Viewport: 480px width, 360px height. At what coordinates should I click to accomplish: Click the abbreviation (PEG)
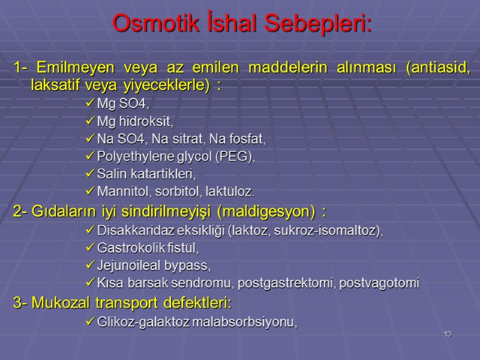(x=234, y=157)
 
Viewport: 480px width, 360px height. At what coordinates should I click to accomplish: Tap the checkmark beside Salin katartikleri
(x=91, y=174)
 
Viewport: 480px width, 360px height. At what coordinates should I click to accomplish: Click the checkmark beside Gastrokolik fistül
(x=91, y=247)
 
